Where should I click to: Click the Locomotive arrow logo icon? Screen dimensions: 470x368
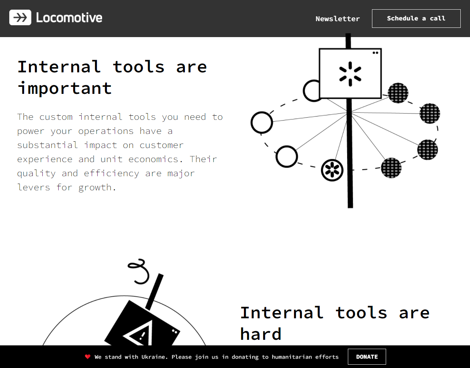coord(20,17)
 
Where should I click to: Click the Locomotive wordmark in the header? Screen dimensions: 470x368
coord(69,18)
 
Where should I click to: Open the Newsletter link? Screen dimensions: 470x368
coord(337,19)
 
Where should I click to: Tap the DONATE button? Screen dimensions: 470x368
coord(367,356)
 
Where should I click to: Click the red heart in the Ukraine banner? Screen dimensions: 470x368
coord(88,356)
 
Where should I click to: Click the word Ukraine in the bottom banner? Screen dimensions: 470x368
coord(154,357)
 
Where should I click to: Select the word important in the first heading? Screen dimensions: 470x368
coord(65,88)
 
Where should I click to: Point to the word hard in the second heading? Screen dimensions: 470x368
coord(261,333)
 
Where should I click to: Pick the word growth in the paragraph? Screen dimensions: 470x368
coord(97,187)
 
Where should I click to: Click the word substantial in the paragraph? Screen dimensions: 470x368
coord(48,145)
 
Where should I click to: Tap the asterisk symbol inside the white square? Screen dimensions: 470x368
coord(350,74)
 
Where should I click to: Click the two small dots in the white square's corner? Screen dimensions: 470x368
coord(375,53)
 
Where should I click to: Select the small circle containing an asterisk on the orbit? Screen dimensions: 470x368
coord(332,170)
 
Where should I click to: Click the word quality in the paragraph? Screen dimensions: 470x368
coord(36,174)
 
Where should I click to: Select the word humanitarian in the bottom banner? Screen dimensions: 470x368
coord(292,357)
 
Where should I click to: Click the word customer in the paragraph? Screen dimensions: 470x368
coord(161,145)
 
